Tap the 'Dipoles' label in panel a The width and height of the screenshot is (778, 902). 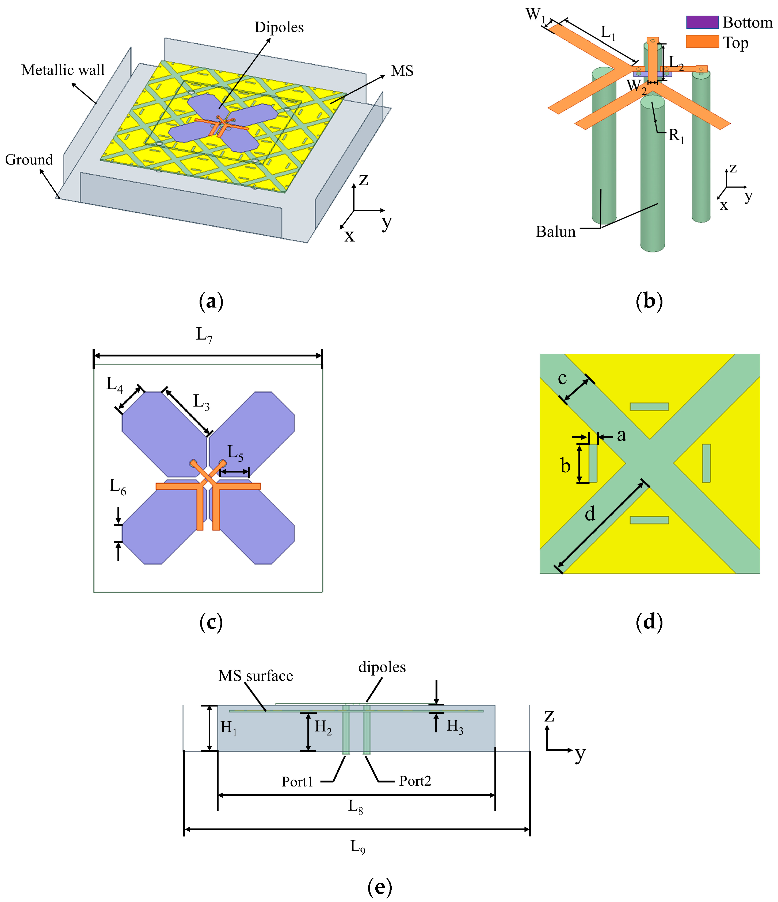click(x=279, y=28)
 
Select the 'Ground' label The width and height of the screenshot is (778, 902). click(x=29, y=160)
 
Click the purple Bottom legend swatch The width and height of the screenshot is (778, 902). click(x=702, y=22)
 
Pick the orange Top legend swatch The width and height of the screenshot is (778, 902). click(x=702, y=42)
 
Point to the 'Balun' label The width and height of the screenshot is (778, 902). click(x=555, y=232)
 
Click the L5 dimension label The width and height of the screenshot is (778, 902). click(x=235, y=453)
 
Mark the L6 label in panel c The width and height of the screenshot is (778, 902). click(x=118, y=486)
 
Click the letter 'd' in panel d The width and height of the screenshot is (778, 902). click(x=589, y=515)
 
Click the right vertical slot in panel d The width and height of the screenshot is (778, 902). click(x=706, y=463)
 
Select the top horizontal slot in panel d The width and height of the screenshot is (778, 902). click(x=649, y=406)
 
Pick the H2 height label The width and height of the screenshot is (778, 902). click(x=323, y=727)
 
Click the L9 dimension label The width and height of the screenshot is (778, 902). click(x=358, y=847)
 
